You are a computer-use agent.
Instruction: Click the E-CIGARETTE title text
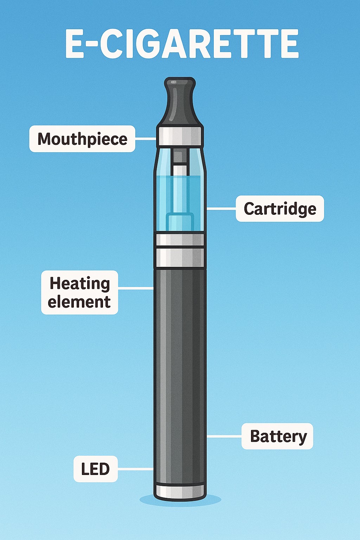(182, 44)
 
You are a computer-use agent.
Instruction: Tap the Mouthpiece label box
(82, 139)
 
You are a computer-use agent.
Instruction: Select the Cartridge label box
(279, 209)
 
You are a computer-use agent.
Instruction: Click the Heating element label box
(79, 292)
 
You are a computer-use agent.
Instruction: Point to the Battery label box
(277, 436)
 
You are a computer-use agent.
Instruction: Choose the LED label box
(95, 469)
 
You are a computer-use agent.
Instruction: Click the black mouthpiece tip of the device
(180, 102)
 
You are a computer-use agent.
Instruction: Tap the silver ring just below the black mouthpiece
(180, 136)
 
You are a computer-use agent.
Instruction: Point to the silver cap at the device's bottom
(180, 491)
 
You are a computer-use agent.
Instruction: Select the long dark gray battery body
(180, 369)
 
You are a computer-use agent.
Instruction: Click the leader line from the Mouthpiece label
(146, 139)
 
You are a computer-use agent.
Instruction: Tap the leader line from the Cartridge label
(221, 209)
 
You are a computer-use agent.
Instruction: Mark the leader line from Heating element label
(136, 288)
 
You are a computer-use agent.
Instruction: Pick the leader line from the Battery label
(224, 436)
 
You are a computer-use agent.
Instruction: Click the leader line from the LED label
(135, 469)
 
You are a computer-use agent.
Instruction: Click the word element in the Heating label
(79, 302)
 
